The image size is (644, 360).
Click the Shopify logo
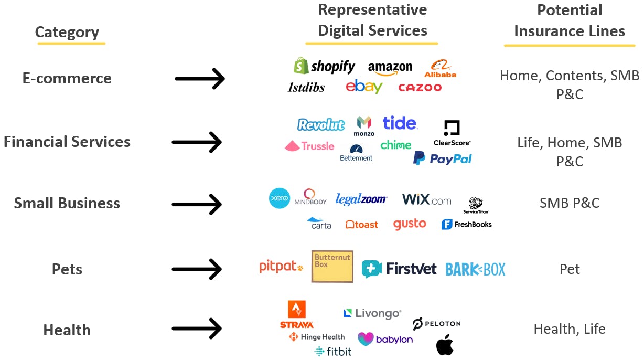pos(324,66)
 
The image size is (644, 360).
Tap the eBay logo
pos(363,87)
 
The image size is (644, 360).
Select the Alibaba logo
pos(440,69)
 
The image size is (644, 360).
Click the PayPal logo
pos(442,158)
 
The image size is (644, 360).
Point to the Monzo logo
pos(364,126)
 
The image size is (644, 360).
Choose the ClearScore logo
pos(452,133)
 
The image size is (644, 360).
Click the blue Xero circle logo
pos(279,198)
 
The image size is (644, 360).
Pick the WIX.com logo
pos(426,199)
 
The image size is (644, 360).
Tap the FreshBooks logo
pos(466,225)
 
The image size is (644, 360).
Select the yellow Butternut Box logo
pos(332,266)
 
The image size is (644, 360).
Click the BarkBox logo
pos(475,269)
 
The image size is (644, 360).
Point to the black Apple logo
pos(445,345)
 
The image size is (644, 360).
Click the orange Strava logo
pos(297,314)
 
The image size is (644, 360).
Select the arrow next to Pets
pos(197,269)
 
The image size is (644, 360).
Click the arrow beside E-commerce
pos(199,79)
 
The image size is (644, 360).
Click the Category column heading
pos(67,33)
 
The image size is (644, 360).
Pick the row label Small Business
pos(67,203)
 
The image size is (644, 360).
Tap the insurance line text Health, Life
pos(569,329)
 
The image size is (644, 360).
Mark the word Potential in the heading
pos(570,10)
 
